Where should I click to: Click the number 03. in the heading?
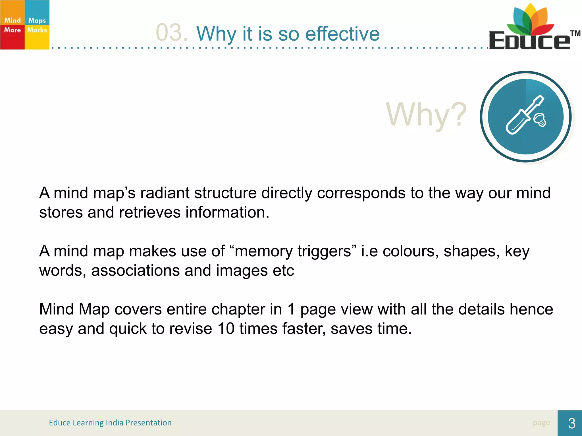click(171, 33)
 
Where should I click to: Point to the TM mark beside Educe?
click(575, 33)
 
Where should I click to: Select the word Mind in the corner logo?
click(13, 20)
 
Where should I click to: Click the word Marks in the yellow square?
click(37, 30)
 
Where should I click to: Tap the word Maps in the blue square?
click(37, 20)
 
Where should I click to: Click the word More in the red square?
click(13, 30)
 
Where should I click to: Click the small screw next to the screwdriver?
click(540, 120)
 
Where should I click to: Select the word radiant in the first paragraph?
click(165, 193)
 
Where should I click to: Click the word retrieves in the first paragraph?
click(150, 212)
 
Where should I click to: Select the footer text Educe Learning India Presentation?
click(110, 423)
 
